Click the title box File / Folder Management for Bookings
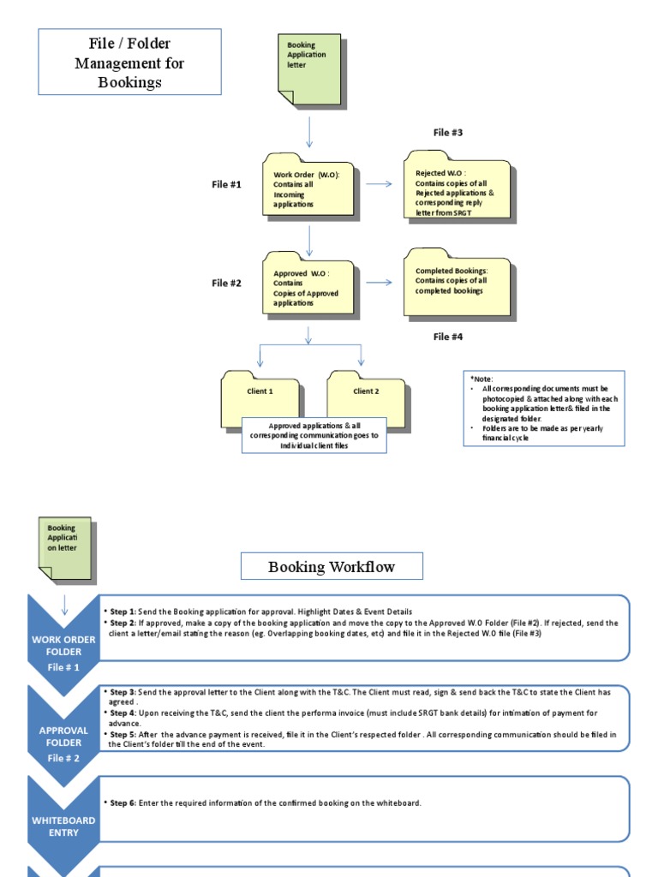129,62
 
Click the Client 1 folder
260,394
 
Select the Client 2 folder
366,394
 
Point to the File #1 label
227,184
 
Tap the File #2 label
227,283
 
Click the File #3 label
448,133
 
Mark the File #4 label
448,337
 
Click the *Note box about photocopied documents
544,408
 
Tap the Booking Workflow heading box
319,567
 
